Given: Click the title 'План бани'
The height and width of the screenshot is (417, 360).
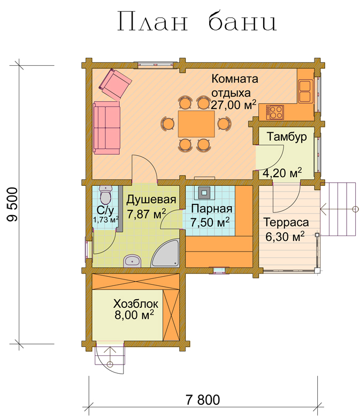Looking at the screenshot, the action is (197, 21).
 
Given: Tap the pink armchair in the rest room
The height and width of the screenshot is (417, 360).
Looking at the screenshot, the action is (115, 84).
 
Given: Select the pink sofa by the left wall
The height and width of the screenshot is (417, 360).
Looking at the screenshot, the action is (106, 127).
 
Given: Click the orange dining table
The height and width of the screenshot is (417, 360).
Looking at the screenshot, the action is (196, 124).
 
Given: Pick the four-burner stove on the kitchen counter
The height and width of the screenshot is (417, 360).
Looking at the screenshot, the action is (275, 112).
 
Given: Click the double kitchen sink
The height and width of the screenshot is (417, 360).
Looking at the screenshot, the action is (305, 91).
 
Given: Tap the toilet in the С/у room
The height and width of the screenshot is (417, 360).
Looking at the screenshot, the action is (106, 195).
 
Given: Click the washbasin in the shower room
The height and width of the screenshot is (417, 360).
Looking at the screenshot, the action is (132, 261).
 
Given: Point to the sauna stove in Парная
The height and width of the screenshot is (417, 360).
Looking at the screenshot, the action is (204, 193).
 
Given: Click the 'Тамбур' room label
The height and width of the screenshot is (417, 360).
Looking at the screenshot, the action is (287, 137).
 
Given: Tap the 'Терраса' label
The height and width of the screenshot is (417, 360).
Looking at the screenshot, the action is (286, 222).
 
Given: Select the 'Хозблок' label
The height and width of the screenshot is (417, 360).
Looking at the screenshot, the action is (136, 304).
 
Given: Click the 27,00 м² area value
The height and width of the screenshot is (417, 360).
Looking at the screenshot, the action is (234, 105).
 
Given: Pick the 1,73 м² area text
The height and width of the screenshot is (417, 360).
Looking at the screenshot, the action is (105, 219).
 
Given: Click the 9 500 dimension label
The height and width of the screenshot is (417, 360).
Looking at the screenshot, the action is (13, 204).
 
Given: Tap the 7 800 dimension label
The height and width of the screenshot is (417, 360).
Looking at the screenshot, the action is (203, 400).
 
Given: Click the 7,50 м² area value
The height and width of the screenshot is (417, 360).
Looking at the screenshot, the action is (210, 222).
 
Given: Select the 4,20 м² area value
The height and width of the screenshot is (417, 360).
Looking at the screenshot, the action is (282, 173).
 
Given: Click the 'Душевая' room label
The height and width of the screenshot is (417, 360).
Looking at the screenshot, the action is (151, 200).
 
